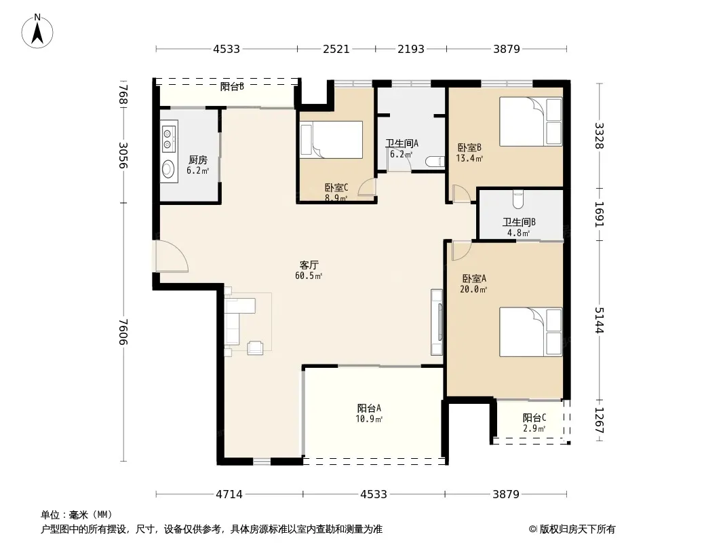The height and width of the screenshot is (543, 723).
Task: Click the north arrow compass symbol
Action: pos(37,31)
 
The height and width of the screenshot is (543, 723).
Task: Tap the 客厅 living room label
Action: pos(309,265)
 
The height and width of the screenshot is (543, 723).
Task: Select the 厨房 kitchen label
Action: pos(198,160)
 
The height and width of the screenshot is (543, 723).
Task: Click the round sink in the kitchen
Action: pos(168,169)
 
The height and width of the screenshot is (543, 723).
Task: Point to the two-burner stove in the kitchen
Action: pos(168,138)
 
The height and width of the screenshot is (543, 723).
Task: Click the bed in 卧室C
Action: pos(331,140)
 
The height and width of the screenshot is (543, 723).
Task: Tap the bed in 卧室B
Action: pos(531,121)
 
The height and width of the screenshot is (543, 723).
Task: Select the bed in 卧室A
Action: pos(531,332)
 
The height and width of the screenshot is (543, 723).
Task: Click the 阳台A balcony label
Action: pos(369,409)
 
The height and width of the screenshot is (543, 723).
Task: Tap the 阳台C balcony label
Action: pos(534,417)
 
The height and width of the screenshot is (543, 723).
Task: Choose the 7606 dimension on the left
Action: pos(123,332)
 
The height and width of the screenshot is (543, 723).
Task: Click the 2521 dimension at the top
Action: pos(336,49)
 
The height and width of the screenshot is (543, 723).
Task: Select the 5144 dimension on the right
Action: pos(600,320)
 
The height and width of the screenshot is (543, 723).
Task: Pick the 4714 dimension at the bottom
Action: pos(229,494)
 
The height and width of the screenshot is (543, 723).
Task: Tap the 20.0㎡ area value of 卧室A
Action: pos(473,289)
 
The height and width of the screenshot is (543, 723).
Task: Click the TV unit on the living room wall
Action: pos(437,322)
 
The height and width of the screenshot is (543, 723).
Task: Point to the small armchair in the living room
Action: pos(256,348)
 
